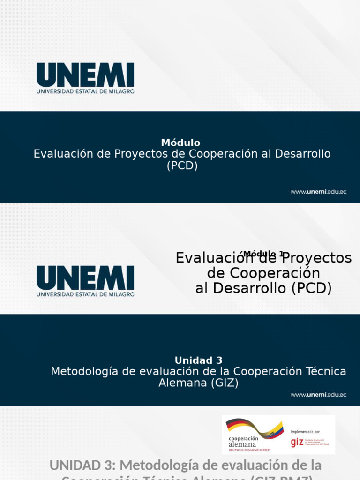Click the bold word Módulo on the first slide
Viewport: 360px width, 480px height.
(180, 142)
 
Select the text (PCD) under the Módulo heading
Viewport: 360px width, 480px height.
(182, 165)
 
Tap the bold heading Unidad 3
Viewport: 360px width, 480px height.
(198, 360)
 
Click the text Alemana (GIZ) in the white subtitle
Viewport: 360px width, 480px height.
(198, 383)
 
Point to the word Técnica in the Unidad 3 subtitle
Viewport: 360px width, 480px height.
(323, 371)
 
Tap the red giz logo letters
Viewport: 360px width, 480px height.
(297, 442)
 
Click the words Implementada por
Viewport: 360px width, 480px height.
(305, 431)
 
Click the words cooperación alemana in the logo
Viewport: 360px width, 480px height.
(242, 441)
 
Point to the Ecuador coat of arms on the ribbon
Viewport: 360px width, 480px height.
(272, 434)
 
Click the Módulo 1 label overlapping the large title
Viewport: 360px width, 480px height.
(264, 254)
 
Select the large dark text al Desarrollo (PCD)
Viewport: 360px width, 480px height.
(263, 288)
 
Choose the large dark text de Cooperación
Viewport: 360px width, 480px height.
(263, 273)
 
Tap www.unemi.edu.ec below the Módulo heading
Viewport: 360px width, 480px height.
(318, 192)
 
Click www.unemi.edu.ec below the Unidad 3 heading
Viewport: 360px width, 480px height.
(318, 395)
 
